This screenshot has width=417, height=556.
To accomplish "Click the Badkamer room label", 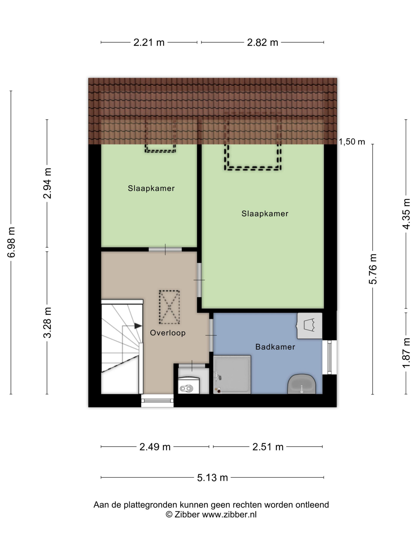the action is click(x=275, y=347).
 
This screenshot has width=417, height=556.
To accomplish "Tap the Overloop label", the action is click(x=168, y=333).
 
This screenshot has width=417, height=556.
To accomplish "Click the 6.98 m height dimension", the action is click(x=12, y=242).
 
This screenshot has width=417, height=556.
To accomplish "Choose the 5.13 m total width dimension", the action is click(x=212, y=477).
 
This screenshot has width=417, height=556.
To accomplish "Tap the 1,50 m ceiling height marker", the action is click(x=352, y=142).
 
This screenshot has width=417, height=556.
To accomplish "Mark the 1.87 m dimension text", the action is click(x=406, y=353).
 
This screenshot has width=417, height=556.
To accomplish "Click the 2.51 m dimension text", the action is click(x=268, y=447).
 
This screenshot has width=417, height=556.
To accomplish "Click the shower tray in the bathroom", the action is click(x=232, y=374).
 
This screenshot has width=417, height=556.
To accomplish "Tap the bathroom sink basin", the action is click(x=302, y=384).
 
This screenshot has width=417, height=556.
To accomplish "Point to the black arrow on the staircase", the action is click(x=138, y=326).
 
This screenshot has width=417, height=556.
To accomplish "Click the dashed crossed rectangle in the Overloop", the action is click(x=169, y=307).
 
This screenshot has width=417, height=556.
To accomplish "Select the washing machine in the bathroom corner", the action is click(x=309, y=326).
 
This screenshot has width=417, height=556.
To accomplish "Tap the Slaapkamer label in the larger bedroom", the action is click(x=265, y=214).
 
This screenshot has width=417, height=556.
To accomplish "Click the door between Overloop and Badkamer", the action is click(x=211, y=335).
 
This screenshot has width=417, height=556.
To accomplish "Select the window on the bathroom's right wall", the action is click(x=329, y=357).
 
